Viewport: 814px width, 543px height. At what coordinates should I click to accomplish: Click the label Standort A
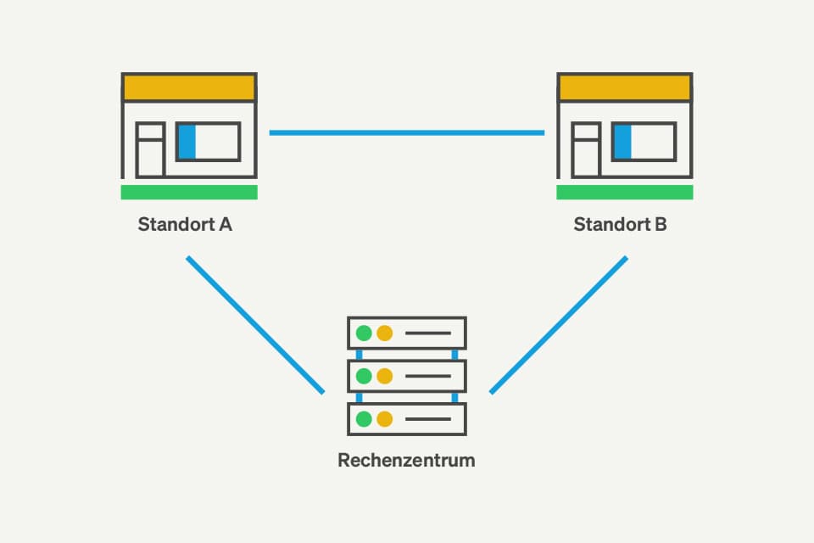(x=185, y=225)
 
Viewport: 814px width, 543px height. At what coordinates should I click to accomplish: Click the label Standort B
(x=620, y=225)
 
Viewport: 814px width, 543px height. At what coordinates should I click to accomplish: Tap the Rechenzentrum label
(x=406, y=461)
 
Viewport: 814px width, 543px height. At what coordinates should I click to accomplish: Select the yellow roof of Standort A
(x=189, y=87)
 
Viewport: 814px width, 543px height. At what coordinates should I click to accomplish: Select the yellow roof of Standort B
(x=625, y=87)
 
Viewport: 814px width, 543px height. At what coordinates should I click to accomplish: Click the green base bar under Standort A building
(x=189, y=193)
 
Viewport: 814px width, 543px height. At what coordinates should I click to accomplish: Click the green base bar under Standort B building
(x=625, y=193)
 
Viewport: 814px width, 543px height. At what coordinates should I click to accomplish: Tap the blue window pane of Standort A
(x=187, y=142)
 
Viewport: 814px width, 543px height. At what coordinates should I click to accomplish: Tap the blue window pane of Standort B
(x=622, y=142)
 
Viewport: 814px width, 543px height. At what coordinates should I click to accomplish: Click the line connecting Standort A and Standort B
(x=407, y=132)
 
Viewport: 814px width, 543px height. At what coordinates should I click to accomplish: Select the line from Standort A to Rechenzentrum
(x=255, y=325)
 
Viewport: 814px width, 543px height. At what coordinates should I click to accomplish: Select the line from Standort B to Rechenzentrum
(x=559, y=325)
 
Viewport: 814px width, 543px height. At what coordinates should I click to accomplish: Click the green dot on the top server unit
(x=365, y=333)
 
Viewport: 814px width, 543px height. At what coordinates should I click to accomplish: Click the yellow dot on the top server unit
(x=385, y=333)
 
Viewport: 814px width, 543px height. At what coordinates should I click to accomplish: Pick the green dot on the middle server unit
(x=365, y=375)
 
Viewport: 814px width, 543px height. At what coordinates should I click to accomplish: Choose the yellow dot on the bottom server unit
(x=385, y=418)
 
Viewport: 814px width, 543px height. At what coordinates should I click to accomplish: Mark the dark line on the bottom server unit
(x=427, y=418)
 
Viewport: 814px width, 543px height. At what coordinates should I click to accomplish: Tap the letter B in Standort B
(x=661, y=225)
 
